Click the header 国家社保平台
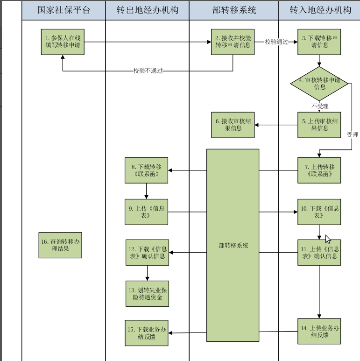(64, 10)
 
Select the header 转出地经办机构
(147, 10)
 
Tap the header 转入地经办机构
(320, 10)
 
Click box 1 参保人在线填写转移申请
(63, 42)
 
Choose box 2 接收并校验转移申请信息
(233, 42)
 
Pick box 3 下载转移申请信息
(319, 42)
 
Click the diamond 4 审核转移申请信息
(319, 83)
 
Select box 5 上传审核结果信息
(319, 125)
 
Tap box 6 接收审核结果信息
(233, 125)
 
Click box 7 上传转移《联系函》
(319, 170)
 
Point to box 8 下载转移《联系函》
(147, 170)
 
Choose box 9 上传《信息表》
(147, 212)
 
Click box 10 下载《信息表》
(319, 212)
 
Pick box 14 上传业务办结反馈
(319, 332)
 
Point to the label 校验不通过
(148, 71)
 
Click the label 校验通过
(276, 42)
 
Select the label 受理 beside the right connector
(353, 135)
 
